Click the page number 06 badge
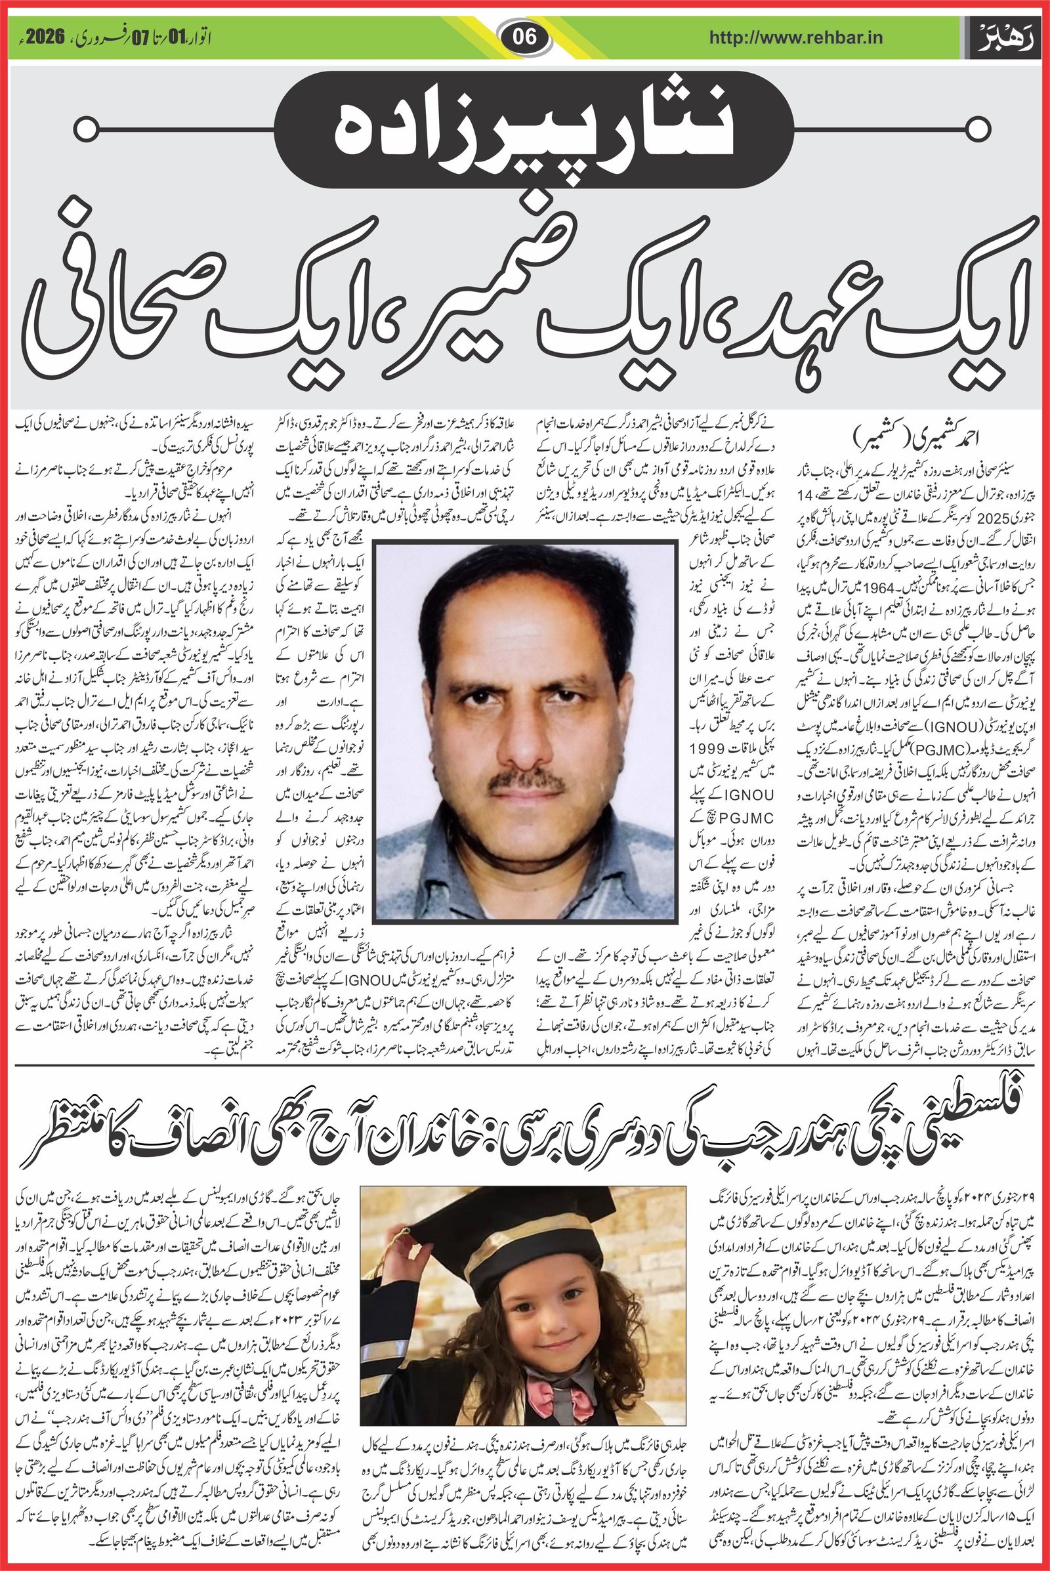click(525, 37)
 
